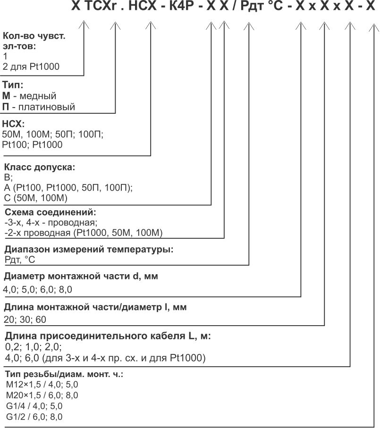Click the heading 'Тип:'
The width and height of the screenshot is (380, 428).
click(x=13, y=86)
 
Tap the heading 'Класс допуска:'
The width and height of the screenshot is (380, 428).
click(x=40, y=168)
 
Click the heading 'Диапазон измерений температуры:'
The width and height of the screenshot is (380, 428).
click(x=89, y=250)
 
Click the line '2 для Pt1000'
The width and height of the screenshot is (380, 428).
click(x=31, y=67)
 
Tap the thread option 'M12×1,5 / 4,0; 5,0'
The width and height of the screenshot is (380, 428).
click(x=42, y=385)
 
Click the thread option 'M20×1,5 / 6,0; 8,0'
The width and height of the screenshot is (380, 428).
click(x=42, y=395)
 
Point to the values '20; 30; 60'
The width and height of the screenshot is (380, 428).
click(x=25, y=319)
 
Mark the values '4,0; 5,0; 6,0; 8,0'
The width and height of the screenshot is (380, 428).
click(x=38, y=289)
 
